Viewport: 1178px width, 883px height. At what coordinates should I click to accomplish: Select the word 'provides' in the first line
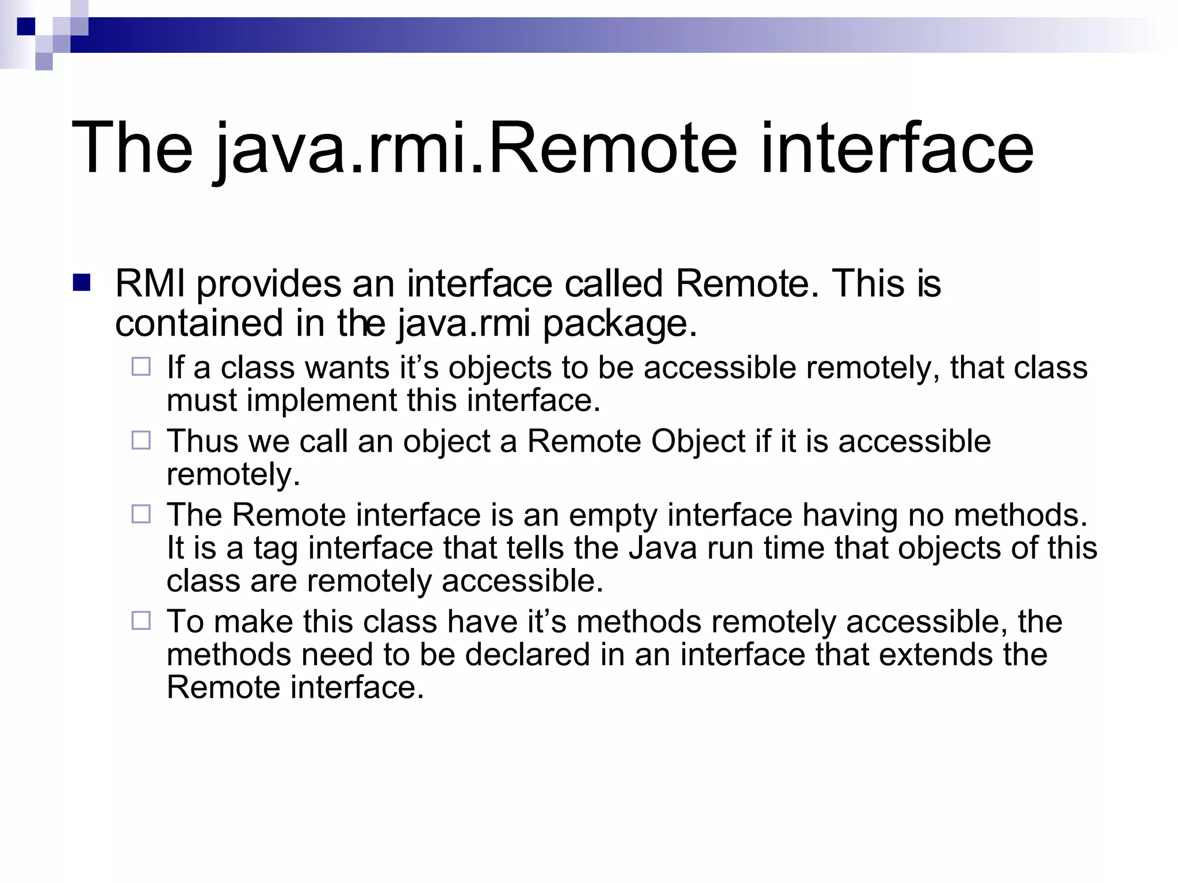coord(269,285)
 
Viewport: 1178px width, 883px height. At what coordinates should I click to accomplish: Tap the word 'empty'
coord(613,515)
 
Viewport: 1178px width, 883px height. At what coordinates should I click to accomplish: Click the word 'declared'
coord(528,655)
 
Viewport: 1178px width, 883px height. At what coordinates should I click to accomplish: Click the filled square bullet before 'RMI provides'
coord(82,283)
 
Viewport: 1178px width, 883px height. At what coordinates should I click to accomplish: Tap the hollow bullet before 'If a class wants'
coord(141,367)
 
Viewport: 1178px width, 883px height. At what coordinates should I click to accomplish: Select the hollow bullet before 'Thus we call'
coord(141,440)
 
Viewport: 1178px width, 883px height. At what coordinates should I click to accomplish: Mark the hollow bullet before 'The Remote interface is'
coord(141,514)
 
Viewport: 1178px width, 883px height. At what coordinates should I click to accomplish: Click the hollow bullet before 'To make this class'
coord(141,621)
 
